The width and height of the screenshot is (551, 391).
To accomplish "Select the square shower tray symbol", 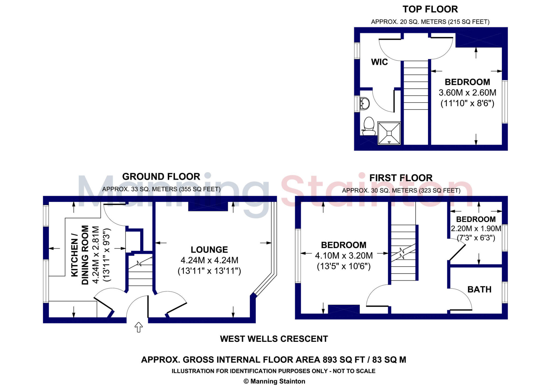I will tap(389, 133).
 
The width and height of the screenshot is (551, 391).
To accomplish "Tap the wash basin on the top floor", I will tap(365, 104).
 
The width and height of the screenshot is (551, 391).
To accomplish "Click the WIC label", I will tap(379, 62).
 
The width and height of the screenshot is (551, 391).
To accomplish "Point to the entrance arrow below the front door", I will tap(138, 327).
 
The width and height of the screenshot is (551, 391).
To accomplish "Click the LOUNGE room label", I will tap(209, 250).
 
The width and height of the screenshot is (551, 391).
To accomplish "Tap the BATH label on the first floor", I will tap(479, 289).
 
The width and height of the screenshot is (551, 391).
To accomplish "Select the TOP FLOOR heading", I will tap(430, 9).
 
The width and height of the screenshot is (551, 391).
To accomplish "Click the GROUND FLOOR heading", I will tap(161, 177).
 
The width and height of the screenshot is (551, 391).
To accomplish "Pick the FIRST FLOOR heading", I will tap(401, 178).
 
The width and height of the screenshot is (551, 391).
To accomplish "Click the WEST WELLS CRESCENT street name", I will tap(274, 339).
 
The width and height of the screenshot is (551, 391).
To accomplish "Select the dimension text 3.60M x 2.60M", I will tap(467, 93).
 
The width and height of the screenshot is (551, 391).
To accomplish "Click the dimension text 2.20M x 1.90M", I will tap(476, 229).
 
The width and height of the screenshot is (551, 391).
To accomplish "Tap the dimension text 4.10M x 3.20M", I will tap(344, 255).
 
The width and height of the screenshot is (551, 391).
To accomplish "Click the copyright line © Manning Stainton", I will tap(274, 381).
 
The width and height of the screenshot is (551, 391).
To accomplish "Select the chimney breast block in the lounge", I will tap(208, 206).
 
